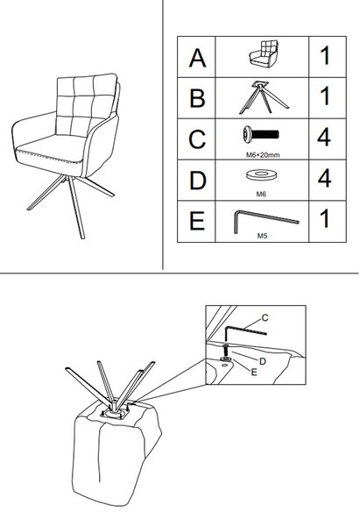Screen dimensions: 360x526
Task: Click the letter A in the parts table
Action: [x=197, y=58]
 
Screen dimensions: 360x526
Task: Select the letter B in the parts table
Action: [x=197, y=98]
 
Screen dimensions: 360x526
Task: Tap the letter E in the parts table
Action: [x=197, y=221]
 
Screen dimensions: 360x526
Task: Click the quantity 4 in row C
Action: [x=324, y=137]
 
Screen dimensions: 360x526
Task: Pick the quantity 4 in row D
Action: [x=324, y=178]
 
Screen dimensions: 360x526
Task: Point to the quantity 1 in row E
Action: [x=325, y=218]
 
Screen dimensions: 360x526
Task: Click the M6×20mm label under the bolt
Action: [x=263, y=155]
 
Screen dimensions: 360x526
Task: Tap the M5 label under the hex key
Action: [x=262, y=236]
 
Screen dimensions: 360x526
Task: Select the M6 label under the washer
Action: [x=261, y=194]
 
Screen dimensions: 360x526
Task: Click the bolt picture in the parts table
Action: [x=260, y=134]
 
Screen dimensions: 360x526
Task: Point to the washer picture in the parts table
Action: [x=260, y=175]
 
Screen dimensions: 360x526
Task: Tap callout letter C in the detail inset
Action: [x=265, y=317]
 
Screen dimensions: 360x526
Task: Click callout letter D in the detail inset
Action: [x=263, y=361]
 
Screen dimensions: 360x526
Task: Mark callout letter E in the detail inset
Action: [x=254, y=372]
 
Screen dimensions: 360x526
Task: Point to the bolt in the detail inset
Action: [x=225, y=351]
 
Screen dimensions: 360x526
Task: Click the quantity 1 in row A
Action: [x=325, y=56]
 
